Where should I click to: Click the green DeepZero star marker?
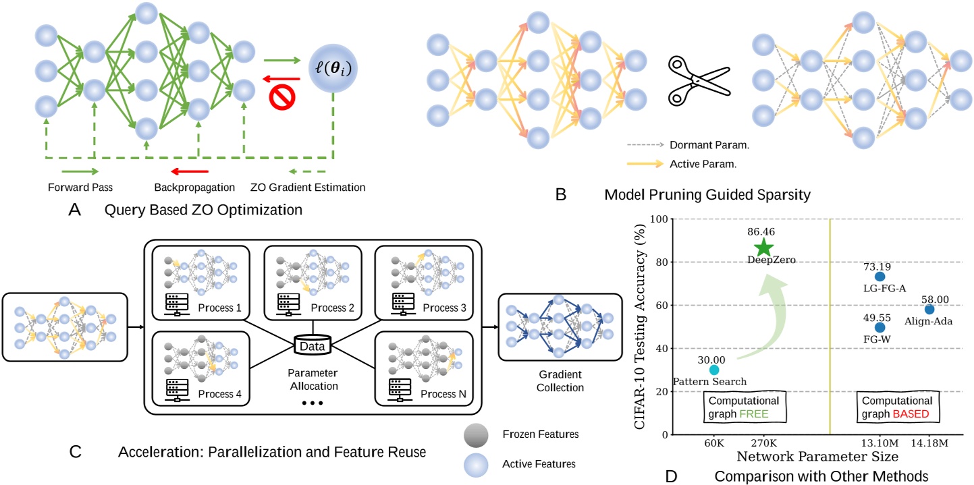tap(763, 248)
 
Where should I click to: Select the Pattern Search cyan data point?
tap(714, 370)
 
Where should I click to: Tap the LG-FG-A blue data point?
tap(880, 277)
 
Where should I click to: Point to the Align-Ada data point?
tap(929, 310)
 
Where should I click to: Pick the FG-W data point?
tap(880, 328)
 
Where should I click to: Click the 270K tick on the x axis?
tap(763, 443)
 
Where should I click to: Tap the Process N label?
tap(445, 393)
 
